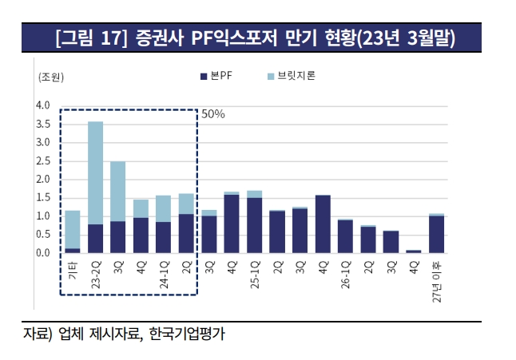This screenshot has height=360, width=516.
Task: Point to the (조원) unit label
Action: [x=50, y=77]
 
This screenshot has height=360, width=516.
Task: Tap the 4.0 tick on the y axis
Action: [x=42, y=105]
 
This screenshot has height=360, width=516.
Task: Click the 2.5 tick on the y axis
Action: [x=42, y=161]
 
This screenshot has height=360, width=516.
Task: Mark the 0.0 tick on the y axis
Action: [x=42, y=253]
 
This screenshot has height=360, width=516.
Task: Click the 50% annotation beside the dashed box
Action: [x=212, y=114]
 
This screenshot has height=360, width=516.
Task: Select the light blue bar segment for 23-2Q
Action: [x=95, y=172]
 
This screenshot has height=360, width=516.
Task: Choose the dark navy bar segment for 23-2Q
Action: [x=95, y=239]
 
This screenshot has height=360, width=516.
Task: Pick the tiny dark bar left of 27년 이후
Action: [x=414, y=251]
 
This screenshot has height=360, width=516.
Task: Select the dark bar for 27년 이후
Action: [x=436, y=235]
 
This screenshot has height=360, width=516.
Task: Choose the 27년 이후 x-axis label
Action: [x=436, y=281]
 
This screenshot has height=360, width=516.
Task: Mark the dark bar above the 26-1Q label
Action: [x=345, y=236]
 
